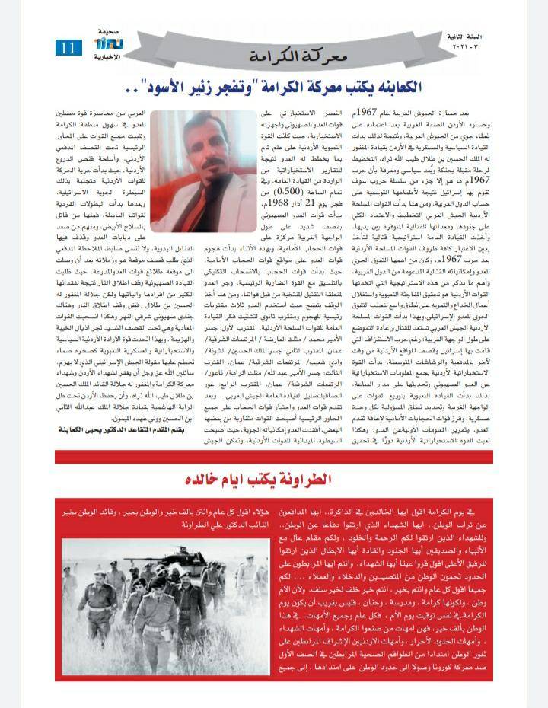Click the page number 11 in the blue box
(x=68, y=47)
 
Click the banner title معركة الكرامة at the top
(x=292, y=56)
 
